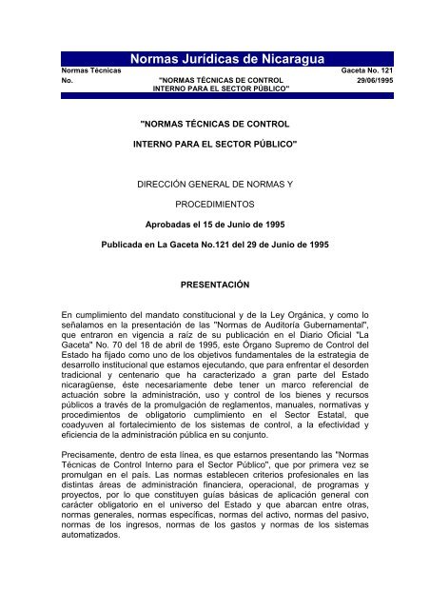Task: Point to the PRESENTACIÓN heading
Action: click(x=215, y=285)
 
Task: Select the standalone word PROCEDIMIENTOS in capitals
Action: click(x=215, y=204)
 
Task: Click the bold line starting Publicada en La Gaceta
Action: click(x=215, y=244)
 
